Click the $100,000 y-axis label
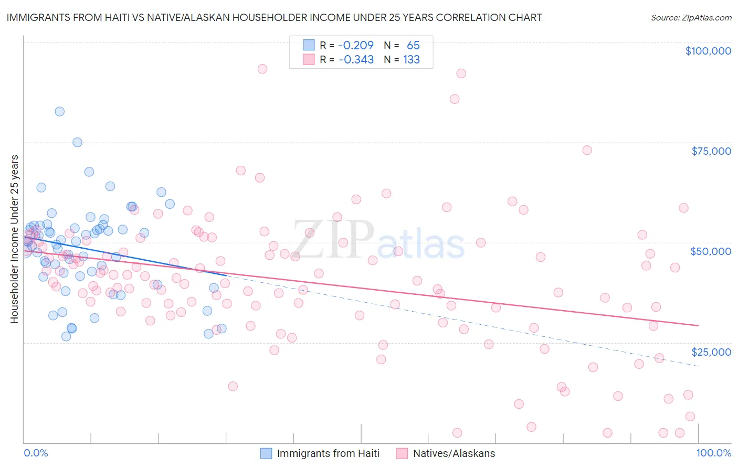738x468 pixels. (708, 51)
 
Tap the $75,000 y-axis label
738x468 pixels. (711, 151)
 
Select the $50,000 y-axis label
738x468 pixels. (711, 251)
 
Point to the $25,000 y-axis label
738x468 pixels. (711, 352)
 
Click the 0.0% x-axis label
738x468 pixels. (36, 453)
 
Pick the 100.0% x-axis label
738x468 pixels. (713, 453)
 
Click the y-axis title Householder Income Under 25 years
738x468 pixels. (15, 239)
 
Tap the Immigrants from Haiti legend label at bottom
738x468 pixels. (328, 453)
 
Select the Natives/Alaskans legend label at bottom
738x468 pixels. (454, 453)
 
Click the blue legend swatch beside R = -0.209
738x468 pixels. (309, 45)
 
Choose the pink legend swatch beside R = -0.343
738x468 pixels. (309, 59)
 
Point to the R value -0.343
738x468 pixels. (356, 59)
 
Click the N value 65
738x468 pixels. (413, 45)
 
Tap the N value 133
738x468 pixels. (412, 59)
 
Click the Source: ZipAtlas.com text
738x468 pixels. (691, 17)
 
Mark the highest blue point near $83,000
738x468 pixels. (60, 111)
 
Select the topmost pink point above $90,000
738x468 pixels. (262, 69)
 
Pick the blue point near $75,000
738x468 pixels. (77, 142)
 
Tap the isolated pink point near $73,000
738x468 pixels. (587, 150)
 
